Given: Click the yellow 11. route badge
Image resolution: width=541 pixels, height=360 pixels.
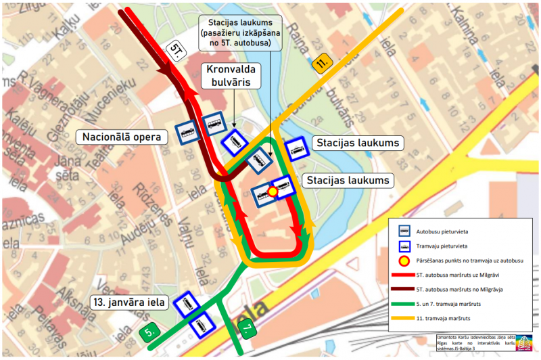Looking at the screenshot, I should pos(323,66).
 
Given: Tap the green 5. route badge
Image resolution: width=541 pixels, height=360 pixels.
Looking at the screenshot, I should pos(150,333).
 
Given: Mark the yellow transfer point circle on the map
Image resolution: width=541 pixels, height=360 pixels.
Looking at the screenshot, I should pos(273,192).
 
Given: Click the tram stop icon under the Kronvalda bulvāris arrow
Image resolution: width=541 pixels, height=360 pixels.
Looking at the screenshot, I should pos(235,142).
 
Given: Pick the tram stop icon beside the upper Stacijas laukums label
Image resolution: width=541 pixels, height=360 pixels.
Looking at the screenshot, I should pos(296,149).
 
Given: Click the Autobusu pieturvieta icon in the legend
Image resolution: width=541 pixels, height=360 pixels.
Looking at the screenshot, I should pos(405,229).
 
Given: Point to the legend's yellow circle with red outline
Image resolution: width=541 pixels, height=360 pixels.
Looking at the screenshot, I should pos(405,261).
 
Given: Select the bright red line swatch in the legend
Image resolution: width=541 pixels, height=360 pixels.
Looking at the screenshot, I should pos(405,275).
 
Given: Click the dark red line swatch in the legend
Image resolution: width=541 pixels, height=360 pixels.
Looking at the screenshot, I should pos(405,289).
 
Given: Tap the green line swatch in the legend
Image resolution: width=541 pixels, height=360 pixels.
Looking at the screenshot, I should pos(405,303).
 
